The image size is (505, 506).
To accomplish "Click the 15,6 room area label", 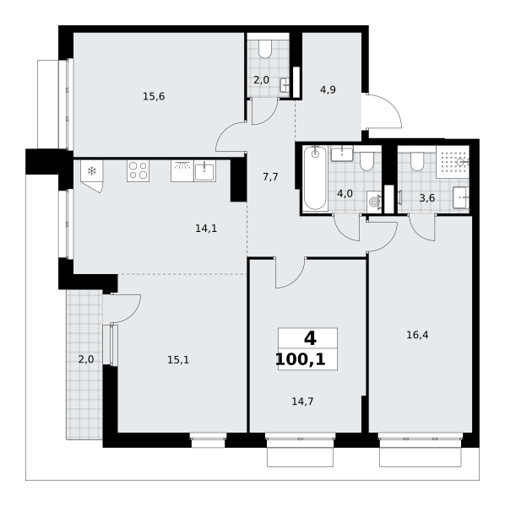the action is (154, 96).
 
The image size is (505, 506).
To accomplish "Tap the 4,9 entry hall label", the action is (328, 89).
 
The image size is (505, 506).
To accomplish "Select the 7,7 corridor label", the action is (270, 177).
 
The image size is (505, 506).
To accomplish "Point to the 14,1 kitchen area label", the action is (206, 229).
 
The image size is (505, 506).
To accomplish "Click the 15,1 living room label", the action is (178, 360).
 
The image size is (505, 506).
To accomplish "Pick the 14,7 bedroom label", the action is (302, 401).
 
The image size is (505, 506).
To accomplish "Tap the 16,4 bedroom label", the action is (417, 336).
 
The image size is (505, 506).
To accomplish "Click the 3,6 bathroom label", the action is (426, 198).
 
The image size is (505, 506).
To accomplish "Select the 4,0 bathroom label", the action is (345, 194).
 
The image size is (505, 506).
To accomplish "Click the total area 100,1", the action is (301, 359).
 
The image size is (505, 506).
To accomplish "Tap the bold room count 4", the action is (310, 338).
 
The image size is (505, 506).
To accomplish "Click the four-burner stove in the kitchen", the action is (138, 170).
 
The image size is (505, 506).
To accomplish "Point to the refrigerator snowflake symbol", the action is (92, 170).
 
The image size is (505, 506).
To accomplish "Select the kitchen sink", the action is (204, 171).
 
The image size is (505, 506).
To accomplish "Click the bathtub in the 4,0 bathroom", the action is (315, 178).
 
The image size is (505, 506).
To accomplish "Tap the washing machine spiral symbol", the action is (374, 202).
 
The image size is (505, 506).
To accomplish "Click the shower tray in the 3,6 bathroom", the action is (453, 162).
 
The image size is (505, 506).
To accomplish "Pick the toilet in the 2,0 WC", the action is (265, 50).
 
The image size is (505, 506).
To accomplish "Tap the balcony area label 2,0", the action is (86, 359).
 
